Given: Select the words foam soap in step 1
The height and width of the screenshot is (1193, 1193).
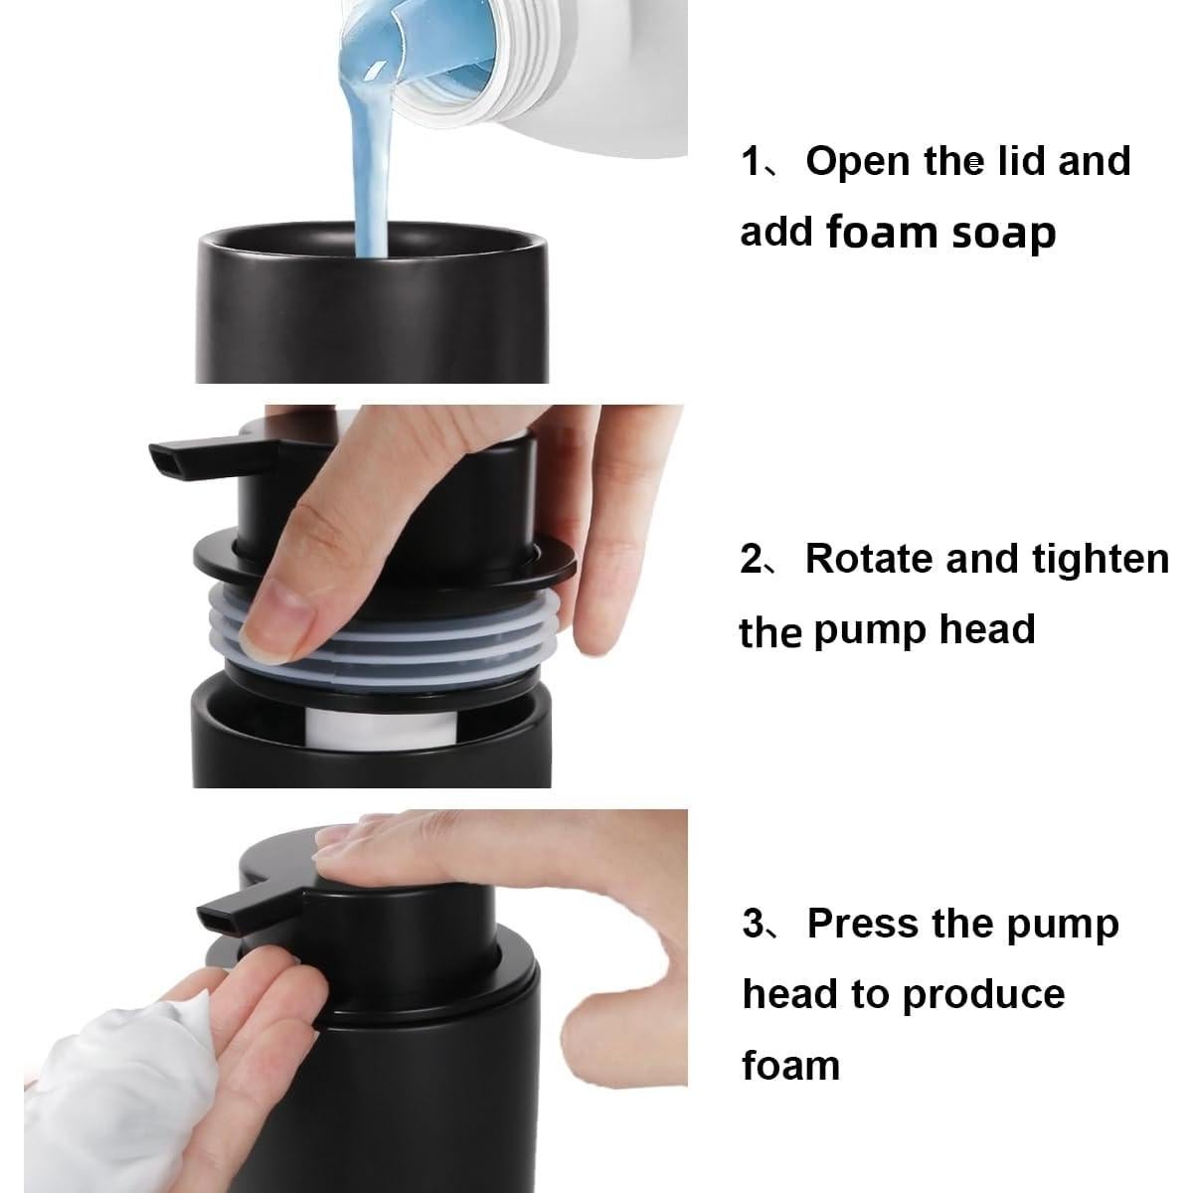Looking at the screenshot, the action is (941, 234).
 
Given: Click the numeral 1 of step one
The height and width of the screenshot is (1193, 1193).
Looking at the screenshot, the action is (751, 162).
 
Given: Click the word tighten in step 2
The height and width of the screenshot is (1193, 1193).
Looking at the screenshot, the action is (1101, 561).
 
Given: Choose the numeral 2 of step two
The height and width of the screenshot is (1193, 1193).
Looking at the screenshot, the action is (753, 560).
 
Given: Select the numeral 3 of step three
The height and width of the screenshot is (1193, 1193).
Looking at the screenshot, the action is (754, 925).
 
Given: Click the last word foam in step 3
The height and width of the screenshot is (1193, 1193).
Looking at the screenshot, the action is (790, 1065).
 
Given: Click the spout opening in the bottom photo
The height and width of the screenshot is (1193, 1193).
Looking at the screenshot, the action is (217, 923).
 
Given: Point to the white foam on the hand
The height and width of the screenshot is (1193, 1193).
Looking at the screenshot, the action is (117, 1071).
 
